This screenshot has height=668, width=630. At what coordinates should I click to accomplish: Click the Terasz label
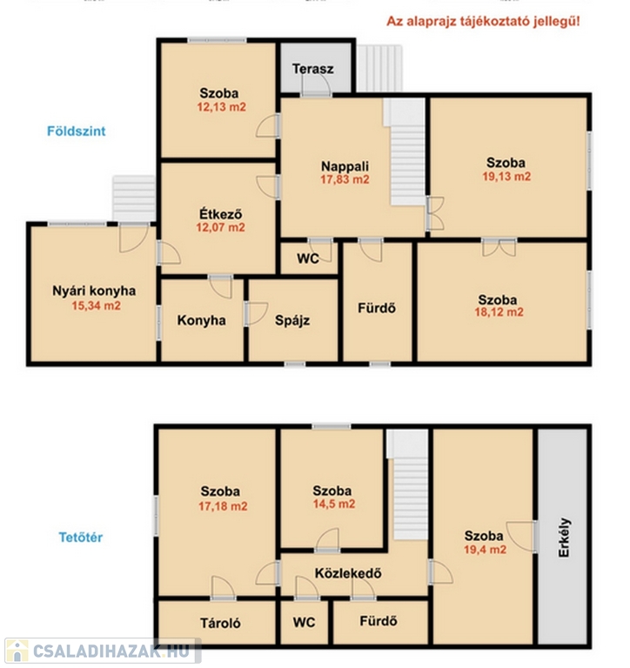[313, 69]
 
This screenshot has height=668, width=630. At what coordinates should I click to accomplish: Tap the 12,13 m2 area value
[221, 107]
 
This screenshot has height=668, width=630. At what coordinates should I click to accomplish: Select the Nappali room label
[345, 166]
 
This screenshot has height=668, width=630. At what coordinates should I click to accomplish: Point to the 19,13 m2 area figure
[506, 177]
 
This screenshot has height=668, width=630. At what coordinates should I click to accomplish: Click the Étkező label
[221, 213]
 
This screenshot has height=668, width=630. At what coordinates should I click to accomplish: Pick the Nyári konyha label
[94, 291]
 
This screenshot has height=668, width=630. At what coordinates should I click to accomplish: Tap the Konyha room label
[201, 320]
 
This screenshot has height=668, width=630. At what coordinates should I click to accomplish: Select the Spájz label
[292, 320]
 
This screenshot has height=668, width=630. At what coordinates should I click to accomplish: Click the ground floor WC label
[308, 258]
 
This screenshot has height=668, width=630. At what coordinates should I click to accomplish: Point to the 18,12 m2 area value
[499, 312]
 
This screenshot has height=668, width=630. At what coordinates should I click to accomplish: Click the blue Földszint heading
[77, 130]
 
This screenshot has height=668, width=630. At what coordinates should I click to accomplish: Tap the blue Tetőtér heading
[81, 538]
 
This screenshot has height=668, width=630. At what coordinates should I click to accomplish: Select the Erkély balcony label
[564, 538]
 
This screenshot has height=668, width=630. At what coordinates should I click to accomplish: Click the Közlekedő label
[348, 573]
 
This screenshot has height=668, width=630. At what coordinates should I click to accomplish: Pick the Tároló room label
[220, 624]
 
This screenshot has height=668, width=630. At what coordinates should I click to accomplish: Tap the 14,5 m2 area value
[334, 504]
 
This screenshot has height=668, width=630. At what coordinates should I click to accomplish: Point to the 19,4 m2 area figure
[485, 550]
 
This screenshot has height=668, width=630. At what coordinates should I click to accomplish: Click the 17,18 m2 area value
[223, 506]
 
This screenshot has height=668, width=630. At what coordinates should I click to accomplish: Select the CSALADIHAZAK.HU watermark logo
[103, 651]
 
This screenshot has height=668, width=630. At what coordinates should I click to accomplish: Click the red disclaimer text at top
[483, 21]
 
